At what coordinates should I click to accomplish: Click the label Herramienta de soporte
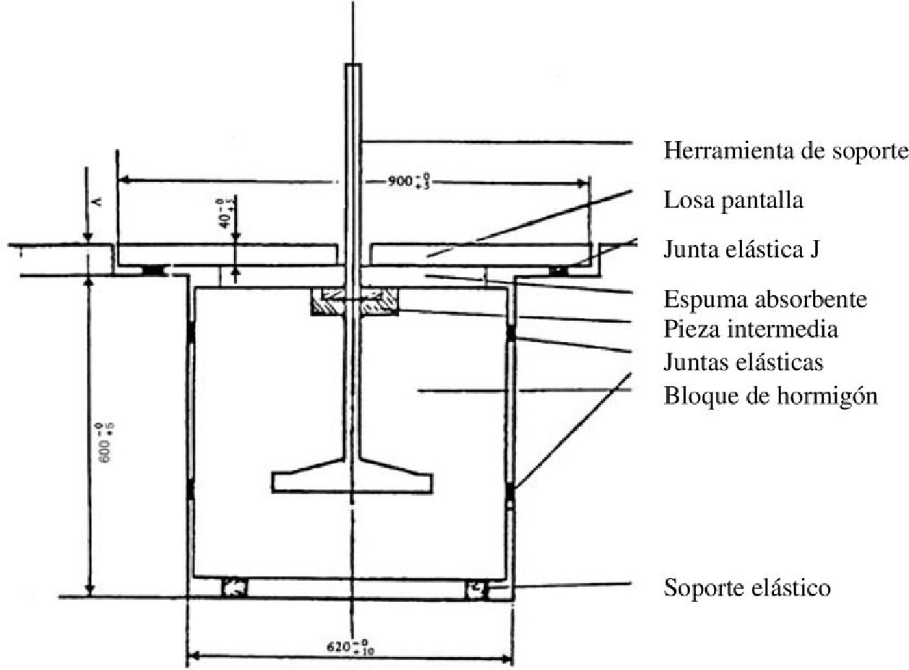click(785, 152)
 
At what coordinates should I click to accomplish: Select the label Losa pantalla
click(733, 201)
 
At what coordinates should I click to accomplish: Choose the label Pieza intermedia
click(751, 330)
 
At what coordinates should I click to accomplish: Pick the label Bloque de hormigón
click(770, 396)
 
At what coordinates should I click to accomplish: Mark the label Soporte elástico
click(747, 587)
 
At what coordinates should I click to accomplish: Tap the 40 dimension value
click(226, 214)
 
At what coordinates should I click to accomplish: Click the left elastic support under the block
click(235, 588)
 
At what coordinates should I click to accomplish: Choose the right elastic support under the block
click(477, 588)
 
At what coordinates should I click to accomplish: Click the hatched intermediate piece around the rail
click(354, 301)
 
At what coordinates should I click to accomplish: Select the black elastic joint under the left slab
click(153, 270)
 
